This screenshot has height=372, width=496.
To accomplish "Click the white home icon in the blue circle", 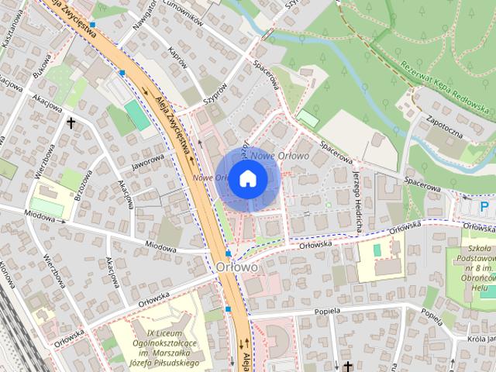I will tap(247, 178).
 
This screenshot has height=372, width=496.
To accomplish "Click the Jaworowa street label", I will tap(148, 160).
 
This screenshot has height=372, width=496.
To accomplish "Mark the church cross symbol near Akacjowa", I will tap(71, 122).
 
